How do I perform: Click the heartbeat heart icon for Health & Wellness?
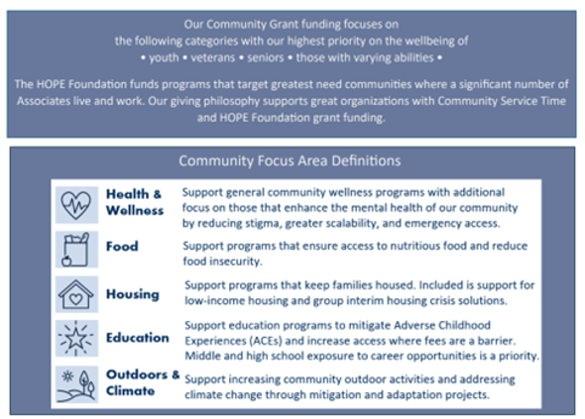coord(76,201)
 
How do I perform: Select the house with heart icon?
coord(76,293)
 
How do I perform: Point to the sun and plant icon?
coord(76,382)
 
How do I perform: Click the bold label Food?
coord(122,247)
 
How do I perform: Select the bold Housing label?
coord(133,293)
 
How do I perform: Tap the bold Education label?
coord(138,337)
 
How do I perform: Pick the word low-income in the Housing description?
coord(214,299)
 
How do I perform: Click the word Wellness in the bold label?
coord(136,210)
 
